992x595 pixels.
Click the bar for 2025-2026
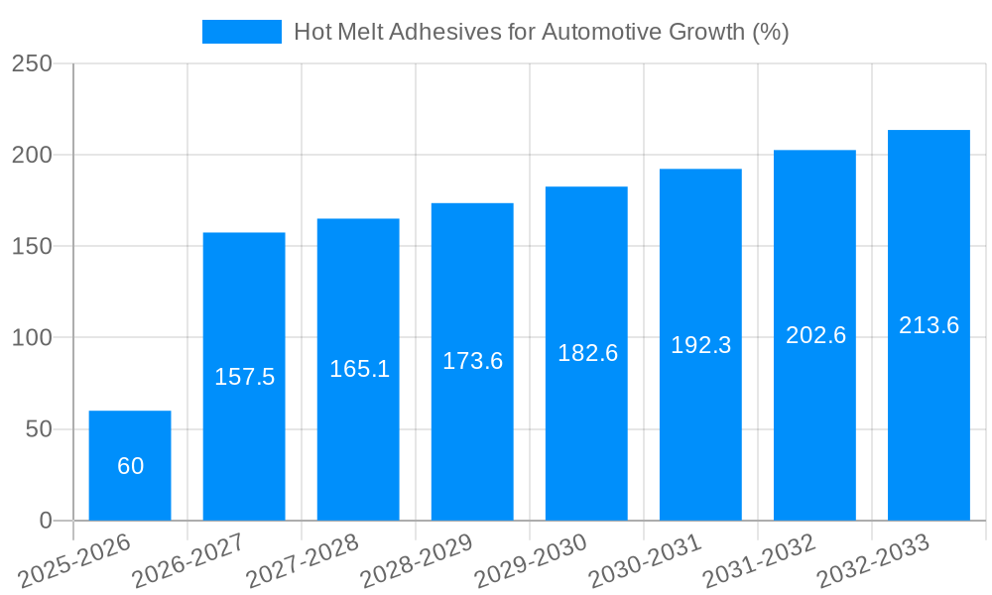click(x=130, y=465)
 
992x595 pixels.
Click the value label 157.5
click(x=244, y=377)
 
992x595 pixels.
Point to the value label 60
click(x=130, y=466)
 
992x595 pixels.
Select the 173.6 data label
click(x=472, y=361)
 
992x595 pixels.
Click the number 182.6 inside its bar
click(x=587, y=353)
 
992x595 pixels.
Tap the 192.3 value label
click(x=700, y=345)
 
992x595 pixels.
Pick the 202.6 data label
click(x=815, y=335)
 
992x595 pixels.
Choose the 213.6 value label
click(x=929, y=325)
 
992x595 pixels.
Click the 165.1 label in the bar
click(x=359, y=370)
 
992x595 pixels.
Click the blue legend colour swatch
click(x=242, y=32)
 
